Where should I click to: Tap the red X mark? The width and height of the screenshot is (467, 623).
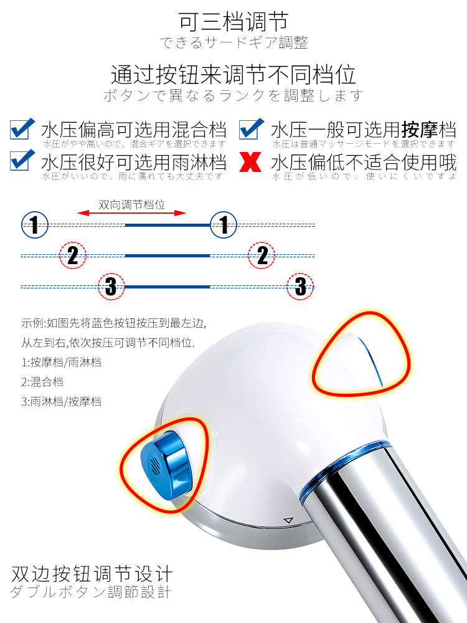(x=250, y=162)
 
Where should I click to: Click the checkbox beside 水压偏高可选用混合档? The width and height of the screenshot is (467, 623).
(x=22, y=130)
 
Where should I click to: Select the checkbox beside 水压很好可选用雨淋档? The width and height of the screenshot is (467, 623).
(x=22, y=161)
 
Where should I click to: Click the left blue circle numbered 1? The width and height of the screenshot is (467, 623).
(x=35, y=225)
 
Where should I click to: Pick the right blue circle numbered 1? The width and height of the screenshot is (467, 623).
(x=224, y=225)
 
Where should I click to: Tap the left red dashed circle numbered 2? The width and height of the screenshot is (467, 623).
(x=73, y=255)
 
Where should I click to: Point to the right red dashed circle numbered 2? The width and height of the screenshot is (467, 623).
(x=262, y=255)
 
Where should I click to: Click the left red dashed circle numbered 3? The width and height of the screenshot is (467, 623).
(x=111, y=286)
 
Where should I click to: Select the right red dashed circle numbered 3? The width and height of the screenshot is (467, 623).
(x=301, y=286)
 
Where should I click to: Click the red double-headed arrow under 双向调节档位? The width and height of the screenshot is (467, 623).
(x=131, y=213)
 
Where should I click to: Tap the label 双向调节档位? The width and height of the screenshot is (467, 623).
(x=132, y=204)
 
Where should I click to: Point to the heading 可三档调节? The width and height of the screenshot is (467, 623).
(x=233, y=21)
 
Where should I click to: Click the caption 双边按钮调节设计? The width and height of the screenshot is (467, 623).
(x=92, y=574)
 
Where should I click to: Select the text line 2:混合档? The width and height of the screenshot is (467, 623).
(x=42, y=382)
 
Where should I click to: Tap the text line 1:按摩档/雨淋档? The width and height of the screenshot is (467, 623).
(x=62, y=363)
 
